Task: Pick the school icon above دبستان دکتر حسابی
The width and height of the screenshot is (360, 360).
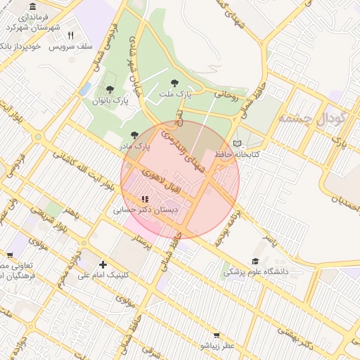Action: click(x=145, y=199)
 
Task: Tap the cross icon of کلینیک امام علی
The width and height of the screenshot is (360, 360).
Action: click(x=103, y=264)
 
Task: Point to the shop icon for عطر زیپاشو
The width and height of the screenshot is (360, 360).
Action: click(x=217, y=336)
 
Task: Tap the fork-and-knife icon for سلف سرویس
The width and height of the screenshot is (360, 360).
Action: click(x=70, y=34)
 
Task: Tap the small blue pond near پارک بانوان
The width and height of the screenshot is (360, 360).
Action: click(x=85, y=90)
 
